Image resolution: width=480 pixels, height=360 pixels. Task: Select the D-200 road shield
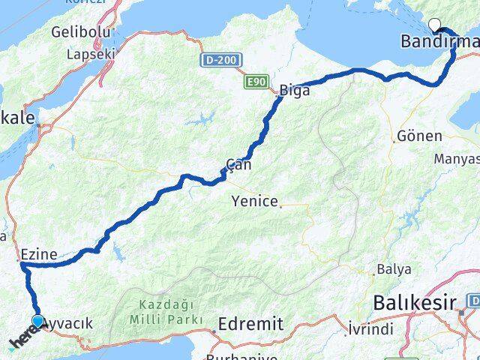click(x=215, y=58)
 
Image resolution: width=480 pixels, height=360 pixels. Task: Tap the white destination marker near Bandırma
click(x=433, y=23)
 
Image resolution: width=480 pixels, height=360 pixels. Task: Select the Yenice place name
click(x=255, y=201)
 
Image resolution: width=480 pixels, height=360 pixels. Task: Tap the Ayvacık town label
click(x=69, y=323)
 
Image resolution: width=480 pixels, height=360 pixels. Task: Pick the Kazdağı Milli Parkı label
click(x=159, y=313)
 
